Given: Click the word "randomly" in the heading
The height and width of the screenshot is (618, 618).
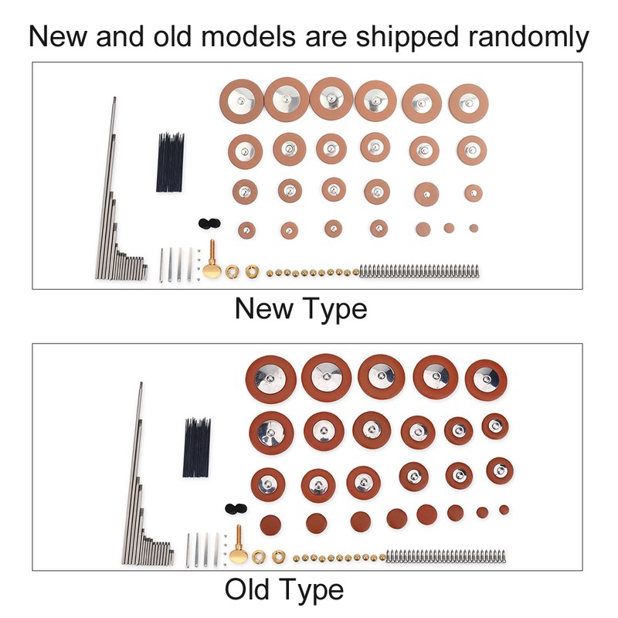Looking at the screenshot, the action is point(528,36).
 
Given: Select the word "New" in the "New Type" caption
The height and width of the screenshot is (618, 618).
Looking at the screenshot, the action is point(263,308).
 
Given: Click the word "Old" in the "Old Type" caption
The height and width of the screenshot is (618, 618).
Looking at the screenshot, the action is point(249,589).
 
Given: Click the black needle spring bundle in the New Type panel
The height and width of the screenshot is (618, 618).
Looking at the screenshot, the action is point(170,162).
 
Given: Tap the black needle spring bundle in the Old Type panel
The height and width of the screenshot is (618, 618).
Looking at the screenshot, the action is point(196,447).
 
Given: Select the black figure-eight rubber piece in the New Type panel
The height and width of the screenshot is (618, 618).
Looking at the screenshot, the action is point(209,223).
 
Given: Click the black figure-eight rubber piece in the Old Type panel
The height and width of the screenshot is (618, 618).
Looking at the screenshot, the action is point(236,508).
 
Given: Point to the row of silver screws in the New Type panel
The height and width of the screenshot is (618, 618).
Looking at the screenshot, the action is point(419,271).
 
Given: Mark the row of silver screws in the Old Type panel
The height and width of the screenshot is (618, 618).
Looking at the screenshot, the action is point(446,555).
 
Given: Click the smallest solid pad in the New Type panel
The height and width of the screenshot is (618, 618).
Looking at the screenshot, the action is point(474,228).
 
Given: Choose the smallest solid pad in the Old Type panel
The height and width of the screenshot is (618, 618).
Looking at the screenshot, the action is point(504,510).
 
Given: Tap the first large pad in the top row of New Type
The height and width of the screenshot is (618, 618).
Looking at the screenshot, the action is point(241,101).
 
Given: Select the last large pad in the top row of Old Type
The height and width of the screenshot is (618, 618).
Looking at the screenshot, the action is point(486,380).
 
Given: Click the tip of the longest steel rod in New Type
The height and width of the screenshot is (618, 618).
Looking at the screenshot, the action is point(114,98).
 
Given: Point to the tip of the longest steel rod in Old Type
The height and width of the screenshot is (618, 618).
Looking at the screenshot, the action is point(141,383).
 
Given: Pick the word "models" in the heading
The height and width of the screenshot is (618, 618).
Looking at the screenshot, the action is point(248,36).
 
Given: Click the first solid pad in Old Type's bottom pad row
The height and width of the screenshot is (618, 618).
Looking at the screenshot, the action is point(271,525).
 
